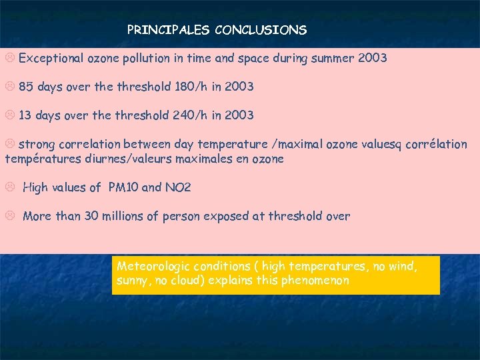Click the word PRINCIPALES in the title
(x=167, y=30)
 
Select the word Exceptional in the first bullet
(x=51, y=58)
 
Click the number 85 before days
(x=26, y=87)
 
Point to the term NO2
(x=177, y=187)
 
